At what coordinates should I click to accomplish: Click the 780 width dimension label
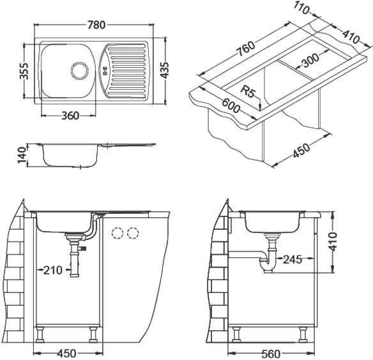tap(96, 25)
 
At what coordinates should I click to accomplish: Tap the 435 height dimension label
tap(164, 70)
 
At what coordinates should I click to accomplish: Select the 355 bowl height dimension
tap(24, 71)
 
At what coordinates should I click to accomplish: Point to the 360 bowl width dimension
tap(70, 116)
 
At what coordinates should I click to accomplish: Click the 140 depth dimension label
tap(22, 155)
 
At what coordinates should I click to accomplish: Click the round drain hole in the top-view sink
tap(79, 71)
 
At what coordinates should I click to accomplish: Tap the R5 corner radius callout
tap(247, 91)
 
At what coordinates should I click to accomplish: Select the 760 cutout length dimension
tap(246, 49)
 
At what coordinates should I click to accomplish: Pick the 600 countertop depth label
tap(231, 105)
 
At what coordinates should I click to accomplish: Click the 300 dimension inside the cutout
tap(310, 61)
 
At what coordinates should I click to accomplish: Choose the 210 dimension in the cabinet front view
tap(52, 270)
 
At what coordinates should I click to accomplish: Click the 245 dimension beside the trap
tap(293, 259)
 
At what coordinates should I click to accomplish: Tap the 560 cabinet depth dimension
tap(271, 354)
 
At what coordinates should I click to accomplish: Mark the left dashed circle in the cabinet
tap(118, 233)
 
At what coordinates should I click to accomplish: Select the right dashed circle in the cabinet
tap(133, 233)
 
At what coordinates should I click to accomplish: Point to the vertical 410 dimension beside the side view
tap(333, 241)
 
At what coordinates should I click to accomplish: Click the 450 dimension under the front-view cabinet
tap(67, 354)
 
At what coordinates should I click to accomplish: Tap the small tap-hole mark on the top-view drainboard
tap(105, 71)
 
